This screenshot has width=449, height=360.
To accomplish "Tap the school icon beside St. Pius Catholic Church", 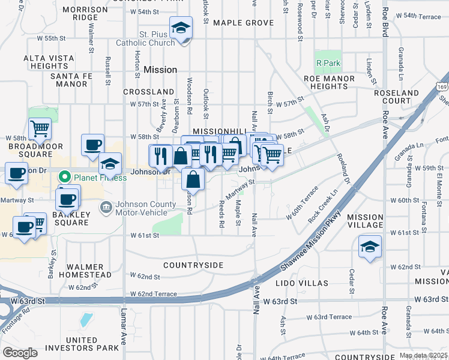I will tap(180, 29).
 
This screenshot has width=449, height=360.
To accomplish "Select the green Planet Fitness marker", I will tap(62, 178).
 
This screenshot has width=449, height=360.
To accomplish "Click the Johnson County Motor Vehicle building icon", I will tap(106, 207).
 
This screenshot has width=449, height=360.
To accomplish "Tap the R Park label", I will tap(328, 62).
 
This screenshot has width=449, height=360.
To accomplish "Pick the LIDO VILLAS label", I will tap(301, 283).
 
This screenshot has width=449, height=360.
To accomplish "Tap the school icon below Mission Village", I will tap(370, 247).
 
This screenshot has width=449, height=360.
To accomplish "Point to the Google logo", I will tap(20, 353).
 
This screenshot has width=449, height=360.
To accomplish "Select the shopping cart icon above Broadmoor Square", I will tap(40, 128).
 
